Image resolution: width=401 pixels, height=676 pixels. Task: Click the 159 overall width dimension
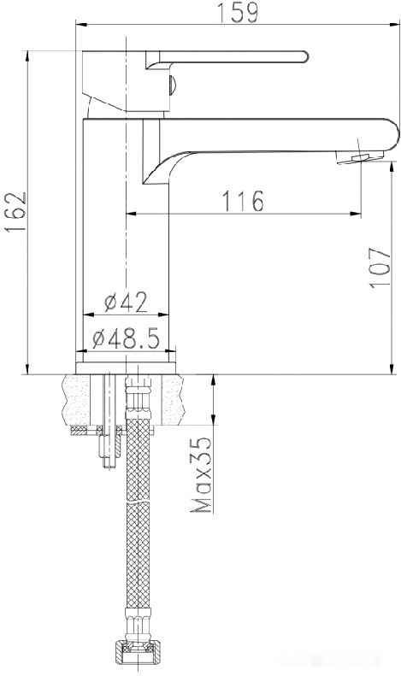pyautogui.click(x=238, y=13)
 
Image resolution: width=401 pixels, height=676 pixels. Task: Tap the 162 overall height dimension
pyautogui.click(x=16, y=212)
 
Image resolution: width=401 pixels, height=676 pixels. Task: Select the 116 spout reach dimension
pyautogui.click(x=243, y=201)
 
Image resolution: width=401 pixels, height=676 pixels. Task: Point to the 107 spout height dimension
pyautogui.click(x=380, y=267)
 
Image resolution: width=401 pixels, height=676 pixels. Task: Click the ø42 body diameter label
pyautogui.click(x=126, y=302)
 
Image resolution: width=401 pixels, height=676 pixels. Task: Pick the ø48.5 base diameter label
pyautogui.click(x=126, y=338)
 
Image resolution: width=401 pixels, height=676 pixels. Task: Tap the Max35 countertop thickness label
pyautogui.click(x=202, y=474)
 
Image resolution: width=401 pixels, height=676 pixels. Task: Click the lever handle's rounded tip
pyautogui.click(x=305, y=57)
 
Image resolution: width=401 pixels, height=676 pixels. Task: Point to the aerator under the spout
pyautogui.click(x=361, y=158)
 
